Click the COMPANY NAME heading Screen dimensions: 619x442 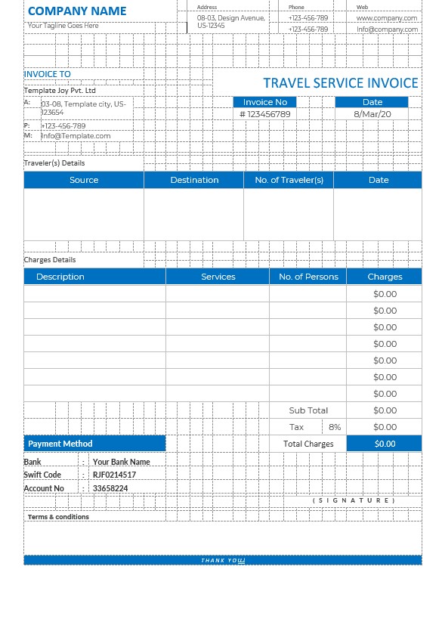coord(77,11)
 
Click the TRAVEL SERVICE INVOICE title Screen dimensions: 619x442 coord(340,83)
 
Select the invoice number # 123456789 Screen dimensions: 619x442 coord(264,114)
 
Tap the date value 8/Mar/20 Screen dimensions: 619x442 coord(372,114)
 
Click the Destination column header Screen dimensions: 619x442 coord(194,180)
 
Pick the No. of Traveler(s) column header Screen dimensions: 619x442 coord(289,180)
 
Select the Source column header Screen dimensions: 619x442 coord(84,180)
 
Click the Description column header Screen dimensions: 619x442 coord(60,277)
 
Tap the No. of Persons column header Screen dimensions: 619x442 coord(308,277)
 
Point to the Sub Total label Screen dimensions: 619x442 coord(308,410)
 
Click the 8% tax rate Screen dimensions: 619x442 coord(335,427)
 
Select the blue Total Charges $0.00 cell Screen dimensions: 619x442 coord(385,444)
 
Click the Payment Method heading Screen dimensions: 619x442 coord(60,444)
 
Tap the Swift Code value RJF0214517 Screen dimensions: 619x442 coord(114,475)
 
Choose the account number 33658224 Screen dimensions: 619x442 coord(110,488)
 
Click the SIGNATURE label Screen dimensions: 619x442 coord(354,500)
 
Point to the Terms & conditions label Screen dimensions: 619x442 coord(58,517)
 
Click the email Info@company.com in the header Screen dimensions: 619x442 coord(387,29)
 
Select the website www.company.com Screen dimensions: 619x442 coord(387,17)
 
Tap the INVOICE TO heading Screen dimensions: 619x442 coord(48,74)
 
